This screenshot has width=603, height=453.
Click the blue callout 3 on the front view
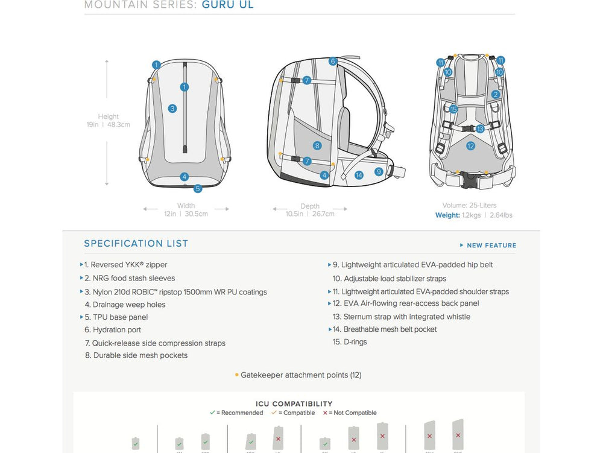click(x=172, y=109)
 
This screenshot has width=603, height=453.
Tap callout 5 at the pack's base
click(x=198, y=188)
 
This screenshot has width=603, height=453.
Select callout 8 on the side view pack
click(x=317, y=145)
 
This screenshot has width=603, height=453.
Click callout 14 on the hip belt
click(x=359, y=175)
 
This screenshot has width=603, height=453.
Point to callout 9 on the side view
click(x=379, y=171)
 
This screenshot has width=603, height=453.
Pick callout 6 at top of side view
click(x=332, y=62)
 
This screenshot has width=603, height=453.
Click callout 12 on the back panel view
click(x=470, y=145)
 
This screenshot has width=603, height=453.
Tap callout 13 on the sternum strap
click(x=480, y=129)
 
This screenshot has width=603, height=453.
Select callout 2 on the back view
click(x=496, y=95)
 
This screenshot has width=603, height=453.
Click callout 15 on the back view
click(x=453, y=109)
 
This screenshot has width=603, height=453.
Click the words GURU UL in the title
click(x=227, y=5)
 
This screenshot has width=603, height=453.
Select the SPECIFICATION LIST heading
click(x=136, y=244)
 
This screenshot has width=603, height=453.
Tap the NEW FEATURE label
click(x=491, y=246)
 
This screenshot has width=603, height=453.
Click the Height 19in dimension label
click(x=109, y=121)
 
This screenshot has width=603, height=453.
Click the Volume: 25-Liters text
click(x=469, y=205)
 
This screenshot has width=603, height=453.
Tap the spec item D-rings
click(x=355, y=342)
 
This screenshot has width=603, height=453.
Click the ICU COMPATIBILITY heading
click(x=294, y=404)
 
